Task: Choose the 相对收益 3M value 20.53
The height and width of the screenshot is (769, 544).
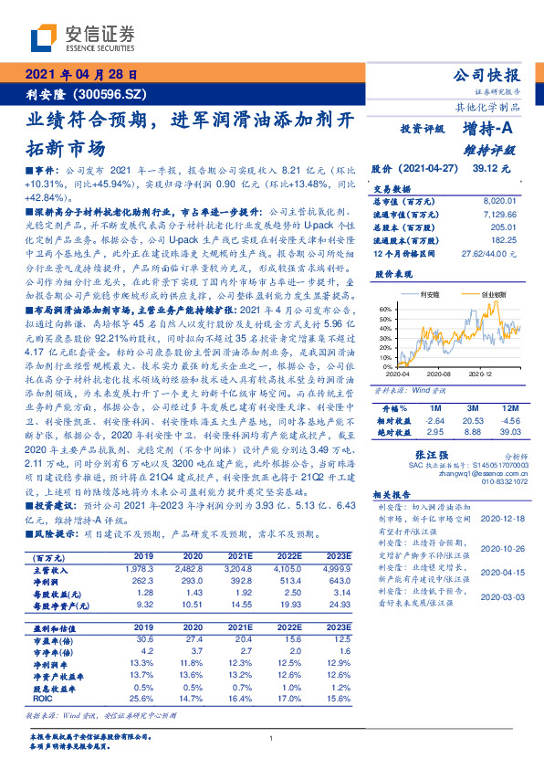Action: (472, 419)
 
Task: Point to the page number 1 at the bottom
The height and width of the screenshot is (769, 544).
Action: (272, 739)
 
